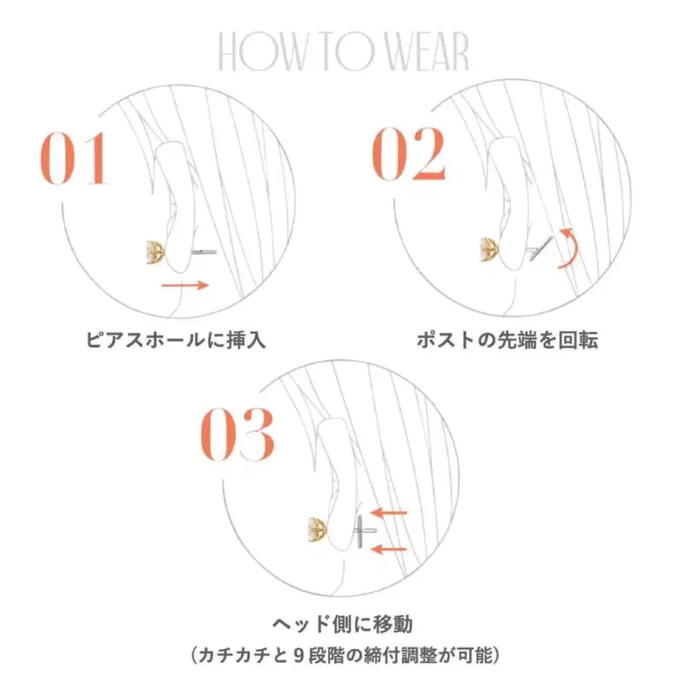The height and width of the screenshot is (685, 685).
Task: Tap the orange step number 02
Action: pyautogui.click(x=409, y=153)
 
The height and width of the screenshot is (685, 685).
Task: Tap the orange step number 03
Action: pyautogui.click(x=237, y=435)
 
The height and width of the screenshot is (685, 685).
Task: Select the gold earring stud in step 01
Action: pyautogui.click(x=155, y=252)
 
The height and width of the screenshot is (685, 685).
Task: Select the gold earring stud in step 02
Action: pyautogui.click(x=489, y=250)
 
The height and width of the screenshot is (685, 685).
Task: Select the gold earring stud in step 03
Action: pyautogui.click(x=317, y=529)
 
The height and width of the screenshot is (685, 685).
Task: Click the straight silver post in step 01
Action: pyautogui.click(x=204, y=252)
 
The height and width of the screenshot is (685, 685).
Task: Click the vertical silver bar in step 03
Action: pyautogui.click(x=361, y=530)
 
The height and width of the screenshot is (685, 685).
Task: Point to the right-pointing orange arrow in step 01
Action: pyautogui.click(x=185, y=285)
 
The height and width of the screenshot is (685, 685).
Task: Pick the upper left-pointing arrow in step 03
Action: pyautogui.click(x=388, y=512)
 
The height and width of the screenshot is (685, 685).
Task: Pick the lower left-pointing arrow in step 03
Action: pyautogui.click(x=388, y=549)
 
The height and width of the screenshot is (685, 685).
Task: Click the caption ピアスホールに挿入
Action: pyautogui.click(x=176, y=339)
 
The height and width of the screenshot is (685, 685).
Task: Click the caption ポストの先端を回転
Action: pyautogui.click(x=507, y=339)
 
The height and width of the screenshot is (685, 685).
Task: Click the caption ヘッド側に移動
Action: pyautogui.click(x=342, y=623)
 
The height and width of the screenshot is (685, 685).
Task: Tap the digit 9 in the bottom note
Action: pyautogui.click(x=299, y=656)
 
